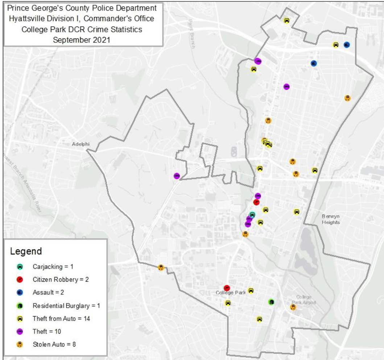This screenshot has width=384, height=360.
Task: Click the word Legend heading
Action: (x=26, y=251)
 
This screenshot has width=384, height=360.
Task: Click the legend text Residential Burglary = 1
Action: (x=66, y=306)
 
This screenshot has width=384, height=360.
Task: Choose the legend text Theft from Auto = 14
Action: (x=61, y=319)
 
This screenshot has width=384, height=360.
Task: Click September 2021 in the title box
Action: (x=82, y=40)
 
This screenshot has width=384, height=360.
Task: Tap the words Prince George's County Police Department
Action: (x=82, y=8)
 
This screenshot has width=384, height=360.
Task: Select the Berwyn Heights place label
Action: (x=331, y=219)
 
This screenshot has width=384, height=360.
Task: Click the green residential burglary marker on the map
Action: (x=271, y=302)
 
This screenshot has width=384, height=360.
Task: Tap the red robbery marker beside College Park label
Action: (x=227, y=288)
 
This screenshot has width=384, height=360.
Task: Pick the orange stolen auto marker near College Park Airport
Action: (x=293, y=307)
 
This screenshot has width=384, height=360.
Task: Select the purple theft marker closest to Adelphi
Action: (x=177, y=176)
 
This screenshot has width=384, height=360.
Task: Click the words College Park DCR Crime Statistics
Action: (x=82, y=29)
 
